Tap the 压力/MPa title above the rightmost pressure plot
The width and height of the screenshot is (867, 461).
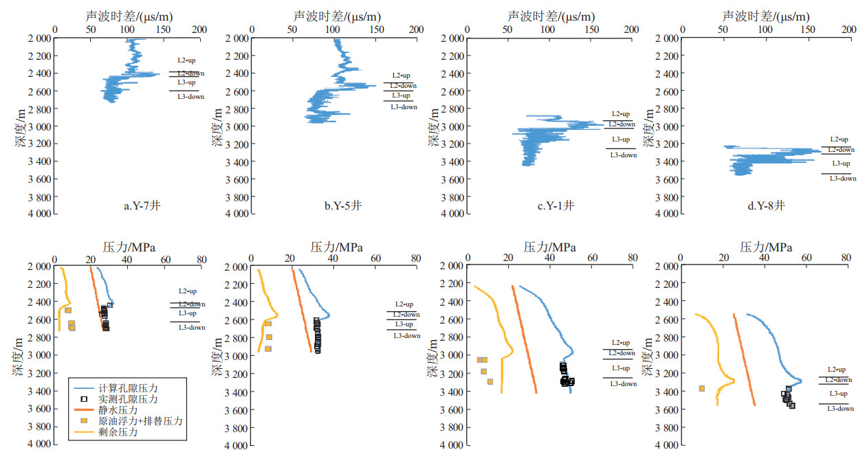coord(766,247)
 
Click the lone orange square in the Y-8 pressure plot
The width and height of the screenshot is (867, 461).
coord(702,388)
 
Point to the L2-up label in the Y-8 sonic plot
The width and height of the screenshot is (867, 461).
coord(839,139)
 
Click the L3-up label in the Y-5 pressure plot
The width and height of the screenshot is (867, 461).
coord(404,324)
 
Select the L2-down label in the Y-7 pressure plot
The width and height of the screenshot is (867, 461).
coord(191,304)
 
